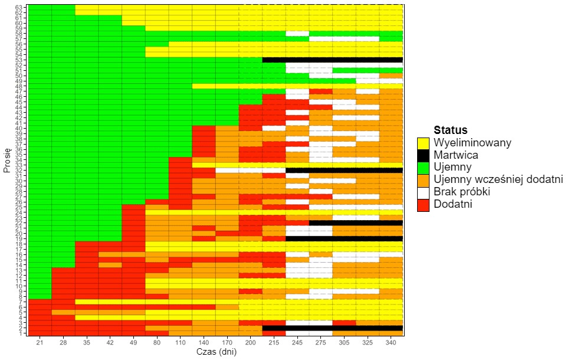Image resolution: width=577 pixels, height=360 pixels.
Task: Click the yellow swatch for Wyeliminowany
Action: (x=422, y=143)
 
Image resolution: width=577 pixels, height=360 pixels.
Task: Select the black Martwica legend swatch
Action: (x=422, y=155)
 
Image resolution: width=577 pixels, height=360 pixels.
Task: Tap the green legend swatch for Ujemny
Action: (x=422, y=168)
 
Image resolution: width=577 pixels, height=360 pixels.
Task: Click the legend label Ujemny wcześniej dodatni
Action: (x=497, y=180)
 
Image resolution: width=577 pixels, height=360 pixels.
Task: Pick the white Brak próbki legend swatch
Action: (x=422, y=192)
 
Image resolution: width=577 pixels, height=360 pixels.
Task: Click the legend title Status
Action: (x=450, y=130)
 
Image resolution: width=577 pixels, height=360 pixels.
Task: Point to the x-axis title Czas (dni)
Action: (x=215, y=352)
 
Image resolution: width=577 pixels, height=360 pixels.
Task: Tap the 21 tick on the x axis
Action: (x=40, y=343)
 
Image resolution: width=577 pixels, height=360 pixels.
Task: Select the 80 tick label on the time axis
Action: (x=156, y=343)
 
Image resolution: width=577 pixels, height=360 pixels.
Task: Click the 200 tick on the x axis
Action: (x=250, y=343)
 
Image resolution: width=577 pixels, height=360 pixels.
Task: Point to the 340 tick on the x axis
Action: (x=391, y=343)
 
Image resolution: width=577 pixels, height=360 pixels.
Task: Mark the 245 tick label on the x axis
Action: (x=297, y=343)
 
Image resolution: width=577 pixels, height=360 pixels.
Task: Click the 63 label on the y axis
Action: (x=19, y=7)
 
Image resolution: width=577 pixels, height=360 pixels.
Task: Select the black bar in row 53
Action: (x=332, y=60)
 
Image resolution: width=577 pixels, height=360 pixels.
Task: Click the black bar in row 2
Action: (x=332, y=328)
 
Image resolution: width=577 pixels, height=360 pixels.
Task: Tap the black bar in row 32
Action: (x=344, y=170)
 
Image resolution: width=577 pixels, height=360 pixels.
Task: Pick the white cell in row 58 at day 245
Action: (x=297, y=34)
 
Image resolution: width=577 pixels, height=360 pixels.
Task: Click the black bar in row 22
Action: (x=356, y=222)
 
